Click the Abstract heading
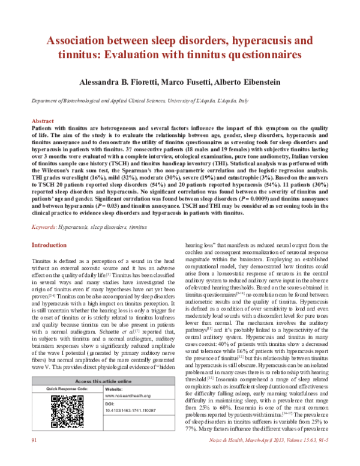click(x=43, y=121)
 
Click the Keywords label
click(x=43, y=228)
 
